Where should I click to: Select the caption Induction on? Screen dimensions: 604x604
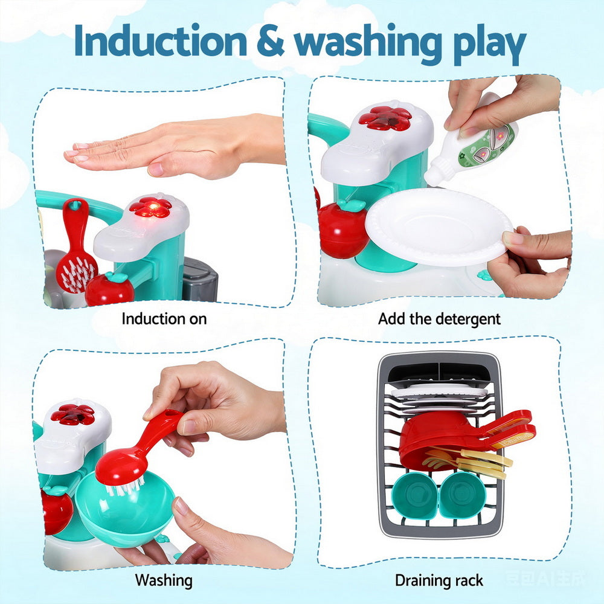coord(164,318)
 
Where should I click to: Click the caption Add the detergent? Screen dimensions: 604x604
coord(439,318)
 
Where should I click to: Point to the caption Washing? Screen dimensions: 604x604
coord(164,580)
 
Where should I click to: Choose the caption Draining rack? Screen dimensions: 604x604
coord(439,580)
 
